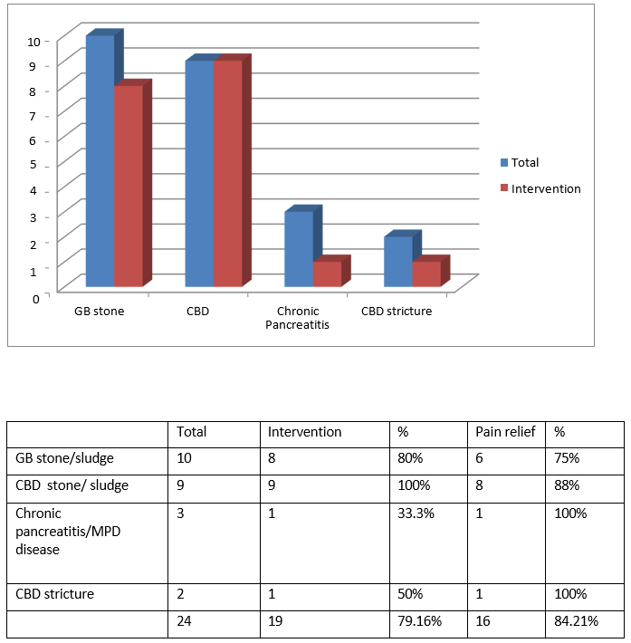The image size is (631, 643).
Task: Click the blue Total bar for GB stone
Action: coord(100,161)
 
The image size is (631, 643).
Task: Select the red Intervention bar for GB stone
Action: coord(129,186)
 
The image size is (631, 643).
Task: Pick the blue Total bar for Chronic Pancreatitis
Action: coord(299,249)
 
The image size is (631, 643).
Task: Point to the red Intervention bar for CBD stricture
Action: coord(426,274)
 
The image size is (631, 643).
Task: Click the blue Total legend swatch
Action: coord(504,162)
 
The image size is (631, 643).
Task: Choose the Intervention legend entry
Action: coord(540,188)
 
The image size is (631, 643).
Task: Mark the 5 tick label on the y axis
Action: coord(33,165)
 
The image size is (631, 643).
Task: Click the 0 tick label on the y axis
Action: coord(36,299)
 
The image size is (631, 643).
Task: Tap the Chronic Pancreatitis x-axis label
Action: coord(297,318)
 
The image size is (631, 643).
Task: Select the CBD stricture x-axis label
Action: coord(397,312)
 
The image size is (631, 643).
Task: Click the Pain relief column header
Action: coord(505,432)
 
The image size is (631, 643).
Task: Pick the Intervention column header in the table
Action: coord(304,432)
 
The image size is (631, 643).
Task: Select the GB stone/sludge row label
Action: coord(64,458)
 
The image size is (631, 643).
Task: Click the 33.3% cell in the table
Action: coord(416,513)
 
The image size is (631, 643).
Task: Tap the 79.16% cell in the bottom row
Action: coord(419,621)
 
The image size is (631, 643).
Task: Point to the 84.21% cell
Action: coord(576,621)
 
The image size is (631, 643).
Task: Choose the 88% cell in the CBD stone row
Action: coord(567,485)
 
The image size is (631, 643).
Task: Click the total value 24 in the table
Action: coord(184,621)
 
